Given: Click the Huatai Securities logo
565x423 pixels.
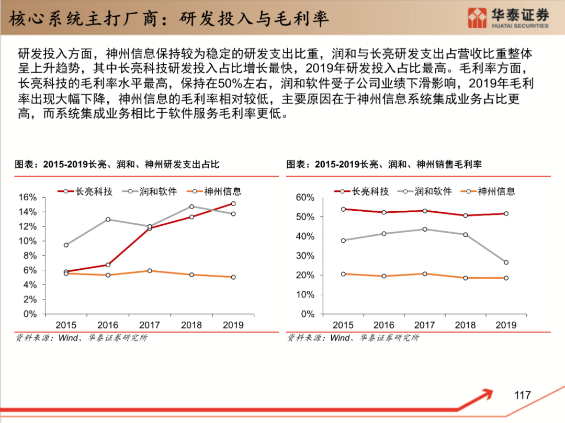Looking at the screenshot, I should coord(508,18).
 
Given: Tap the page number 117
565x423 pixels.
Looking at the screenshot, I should coord(522,395).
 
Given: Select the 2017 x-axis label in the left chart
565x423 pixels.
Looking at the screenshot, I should coord(149,325).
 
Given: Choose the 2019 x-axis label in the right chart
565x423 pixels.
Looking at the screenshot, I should coord(506,325).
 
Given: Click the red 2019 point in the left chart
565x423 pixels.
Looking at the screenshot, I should coord(233,204).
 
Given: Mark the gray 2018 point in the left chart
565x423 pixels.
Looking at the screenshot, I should coord(191,207).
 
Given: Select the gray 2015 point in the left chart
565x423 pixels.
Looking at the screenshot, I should coord(66,245).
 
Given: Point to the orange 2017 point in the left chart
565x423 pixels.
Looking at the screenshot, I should coord(150,271).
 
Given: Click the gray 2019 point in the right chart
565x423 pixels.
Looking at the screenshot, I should coord(506,262).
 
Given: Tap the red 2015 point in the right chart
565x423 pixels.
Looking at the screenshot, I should coord(343,209).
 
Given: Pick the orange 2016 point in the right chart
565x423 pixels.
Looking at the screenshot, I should coord(384,276).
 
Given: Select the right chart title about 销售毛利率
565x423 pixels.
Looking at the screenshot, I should coord(383,164).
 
